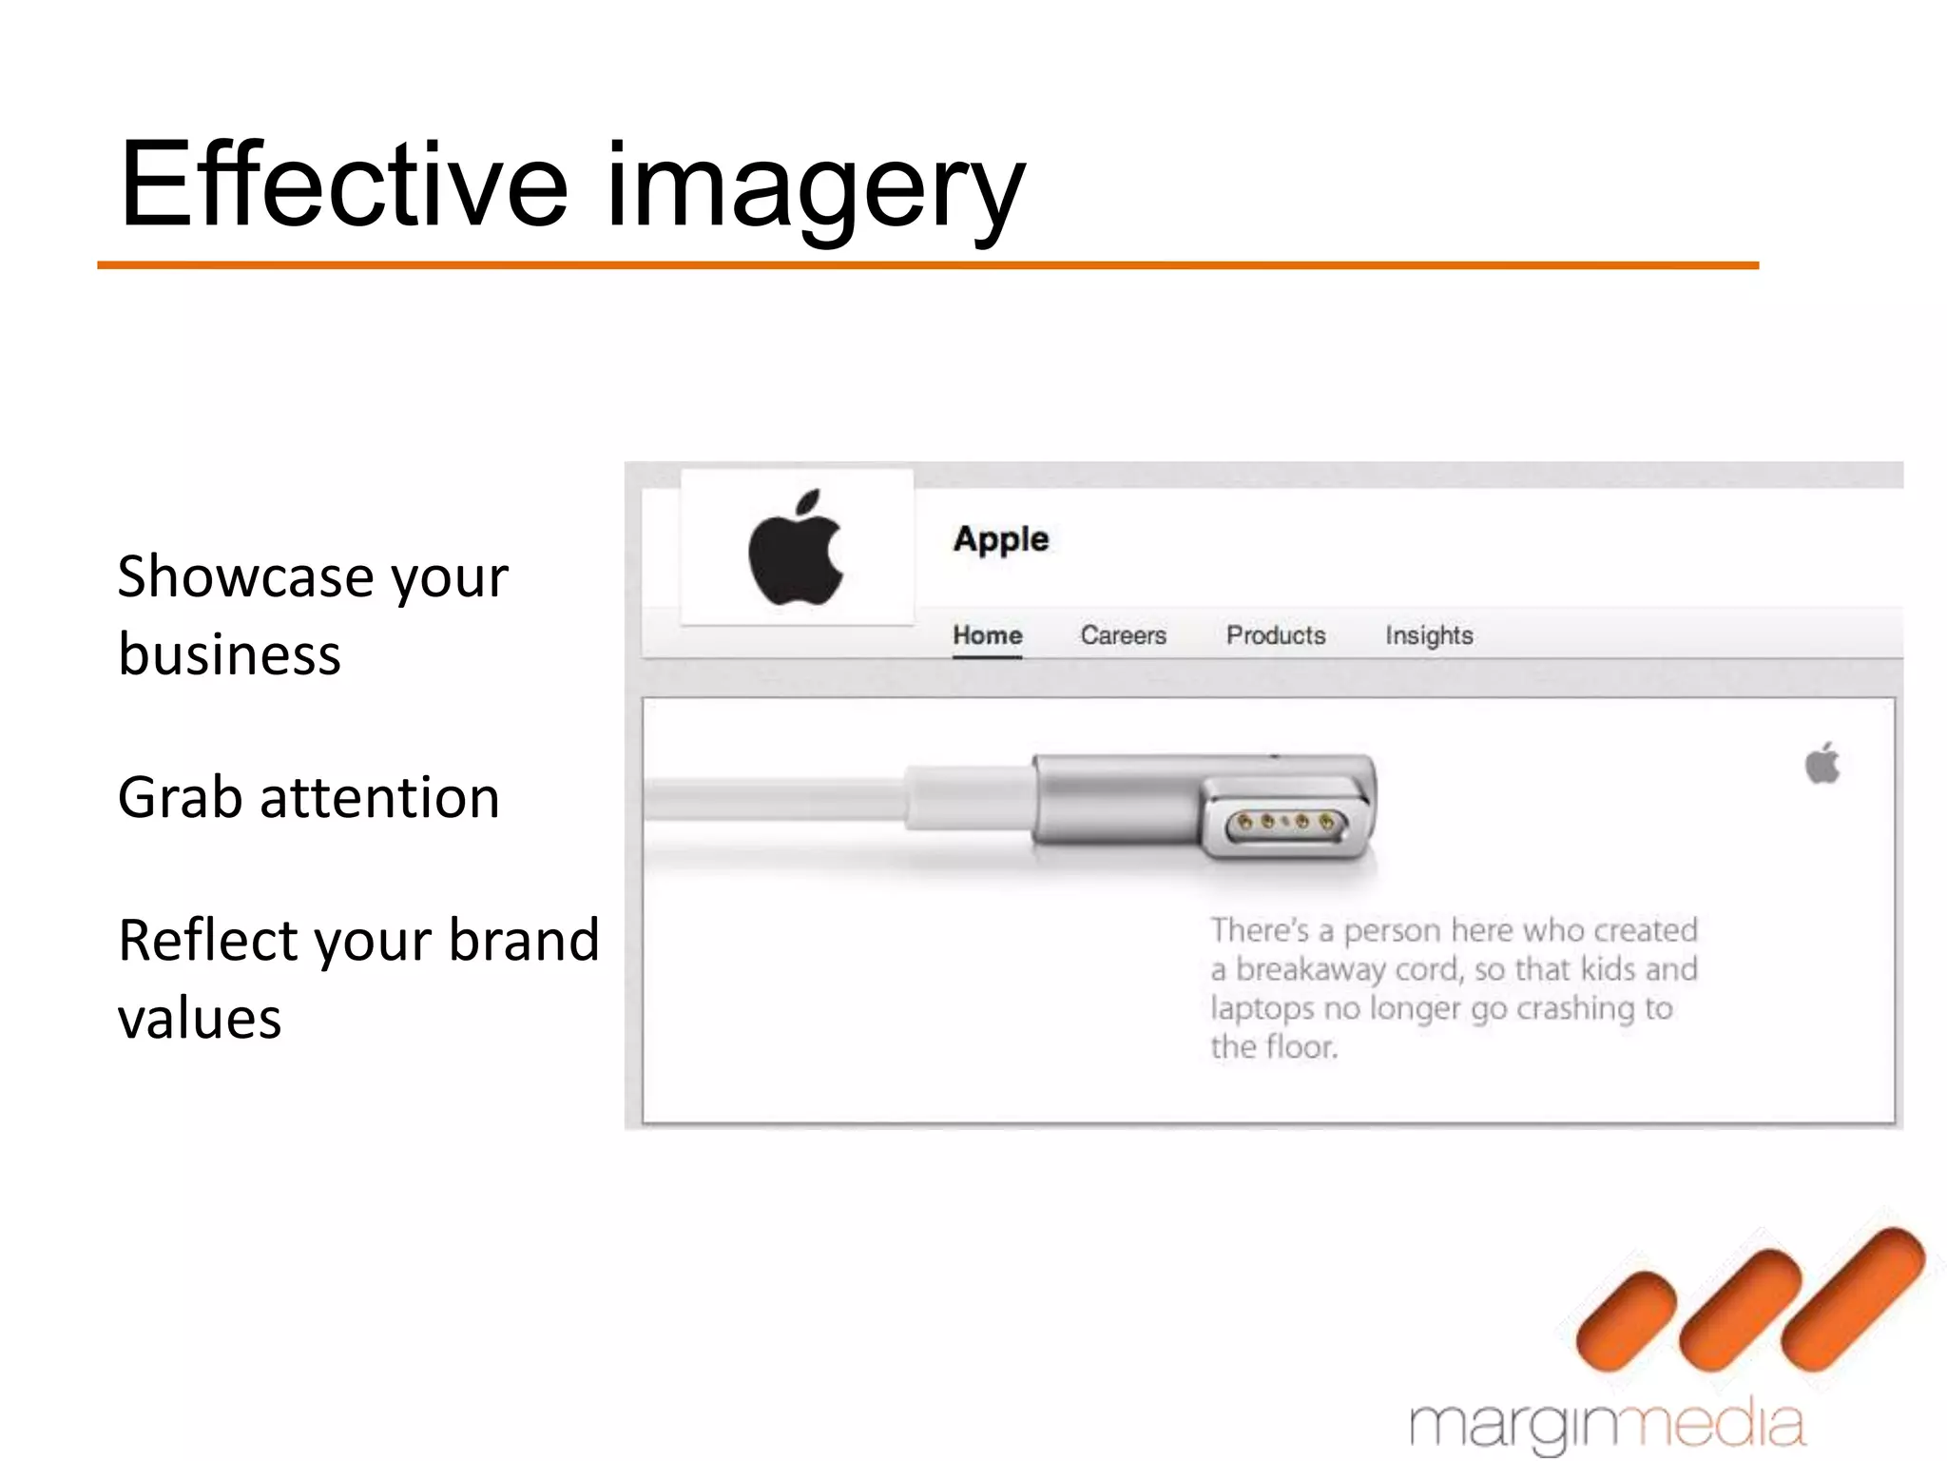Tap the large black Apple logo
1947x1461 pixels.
[796, 549]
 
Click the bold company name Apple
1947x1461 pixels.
[1000, 539]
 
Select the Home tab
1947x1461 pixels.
[987, 635]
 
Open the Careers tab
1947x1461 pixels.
[1123, 635]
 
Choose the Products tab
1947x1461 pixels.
[1275, 635]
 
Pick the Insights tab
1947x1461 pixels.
[1428, 635]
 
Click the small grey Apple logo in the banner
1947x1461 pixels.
[1822, 764]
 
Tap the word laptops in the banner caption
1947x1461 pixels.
[1262, 1008]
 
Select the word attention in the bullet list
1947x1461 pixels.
[379, 797]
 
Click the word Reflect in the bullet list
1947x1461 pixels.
[208, 940]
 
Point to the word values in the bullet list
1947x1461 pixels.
[200, 1018]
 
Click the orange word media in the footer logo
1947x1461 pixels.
[1716, 1425]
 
